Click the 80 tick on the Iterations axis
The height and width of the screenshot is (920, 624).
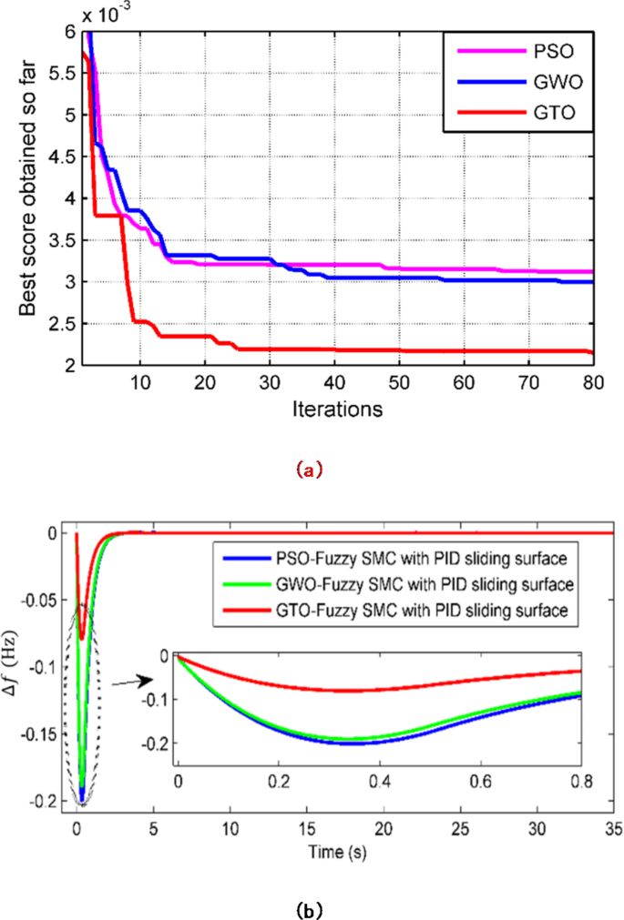592,381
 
